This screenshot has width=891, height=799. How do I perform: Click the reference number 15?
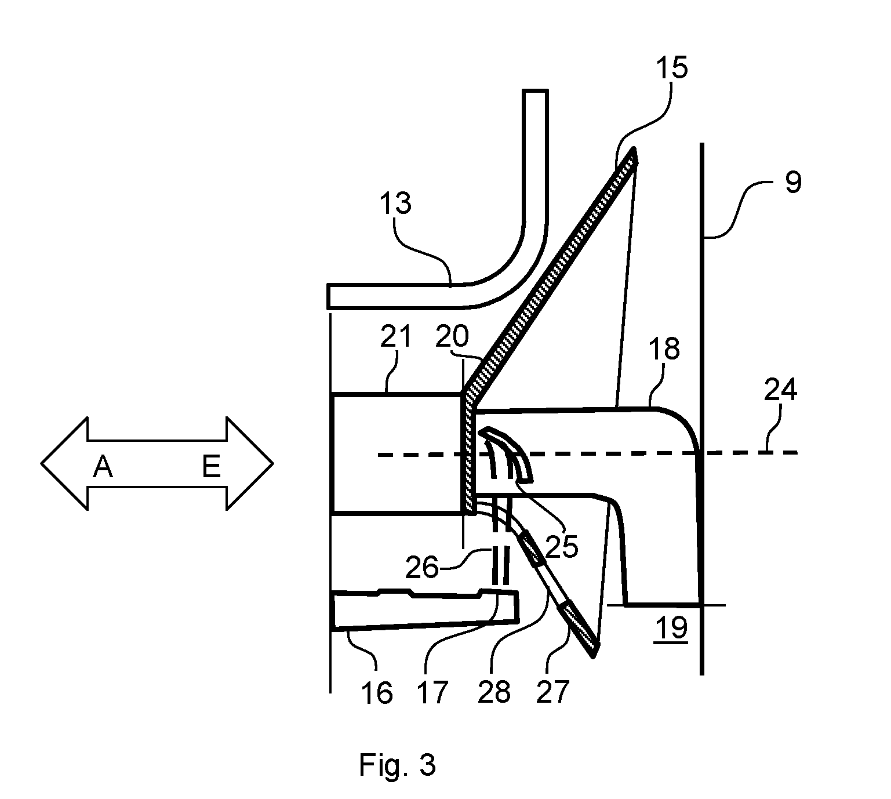click(x=671, y=68)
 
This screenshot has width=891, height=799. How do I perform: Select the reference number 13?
click(x=395, y=203)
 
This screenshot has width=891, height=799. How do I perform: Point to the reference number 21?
click(x=395, y=336)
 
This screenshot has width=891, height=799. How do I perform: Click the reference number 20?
click(x=453, y=336)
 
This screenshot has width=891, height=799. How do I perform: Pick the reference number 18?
click(x=664, y=349)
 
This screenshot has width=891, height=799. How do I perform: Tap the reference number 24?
click(x=781, y=390)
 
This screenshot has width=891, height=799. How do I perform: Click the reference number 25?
click(x=562, y=547)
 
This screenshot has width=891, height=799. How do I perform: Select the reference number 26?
click(x=422, y=567)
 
